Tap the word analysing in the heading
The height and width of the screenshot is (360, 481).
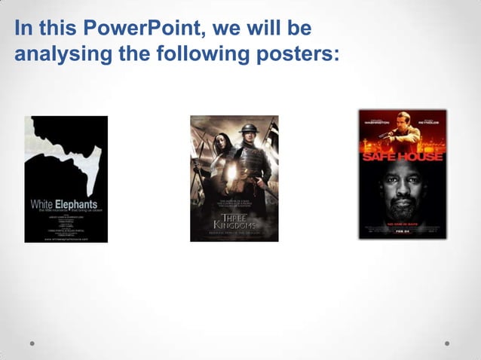(x=51, y=54)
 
